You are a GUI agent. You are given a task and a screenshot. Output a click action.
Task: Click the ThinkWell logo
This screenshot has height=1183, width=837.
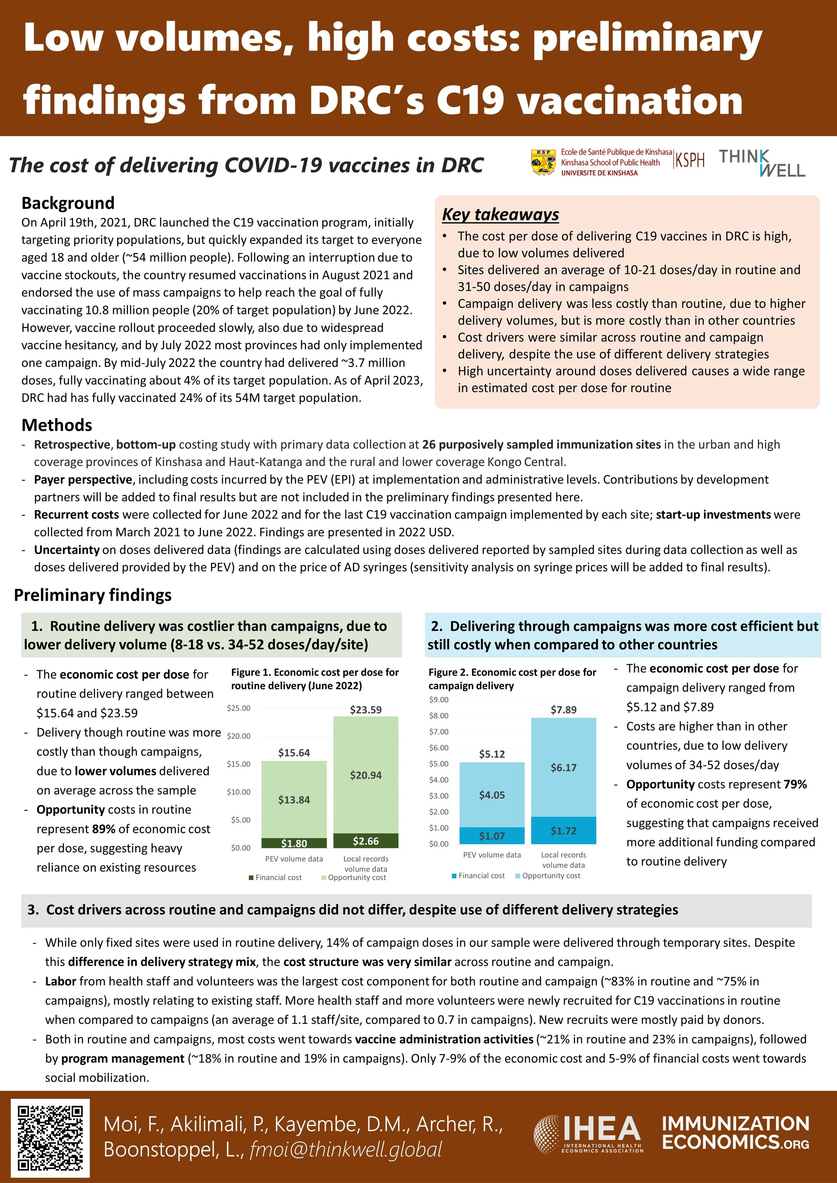coord(762,163)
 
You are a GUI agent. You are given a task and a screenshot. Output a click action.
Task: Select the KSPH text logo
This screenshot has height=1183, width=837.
coord(690,160)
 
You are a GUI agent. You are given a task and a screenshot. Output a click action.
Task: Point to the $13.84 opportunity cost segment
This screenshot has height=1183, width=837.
coord(294,800)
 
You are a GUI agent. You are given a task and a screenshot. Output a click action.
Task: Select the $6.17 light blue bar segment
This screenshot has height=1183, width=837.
coord(563,767)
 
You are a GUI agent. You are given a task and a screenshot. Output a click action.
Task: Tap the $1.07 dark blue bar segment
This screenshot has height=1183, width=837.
coord(492,836)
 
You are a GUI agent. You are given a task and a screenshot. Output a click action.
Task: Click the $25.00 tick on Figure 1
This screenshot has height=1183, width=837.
coord(239,708)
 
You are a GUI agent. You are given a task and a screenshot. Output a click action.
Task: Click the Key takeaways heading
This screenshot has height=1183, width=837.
coord(501,214)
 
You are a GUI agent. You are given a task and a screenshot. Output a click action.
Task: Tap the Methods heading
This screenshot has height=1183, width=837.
coord(57,425)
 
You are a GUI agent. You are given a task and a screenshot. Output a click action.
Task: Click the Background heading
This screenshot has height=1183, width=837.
coord(68,203)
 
